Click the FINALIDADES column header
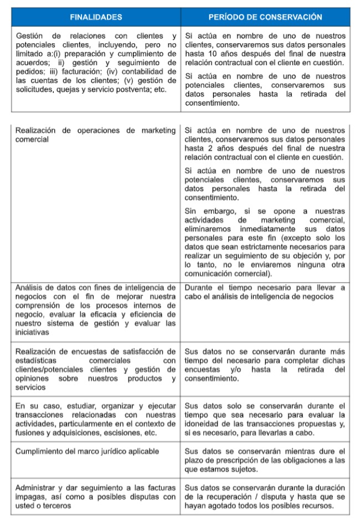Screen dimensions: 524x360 pos(96,18)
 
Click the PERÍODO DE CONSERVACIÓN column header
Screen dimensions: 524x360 pos(265,18)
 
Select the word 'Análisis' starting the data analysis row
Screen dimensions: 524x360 pos(31,287)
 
